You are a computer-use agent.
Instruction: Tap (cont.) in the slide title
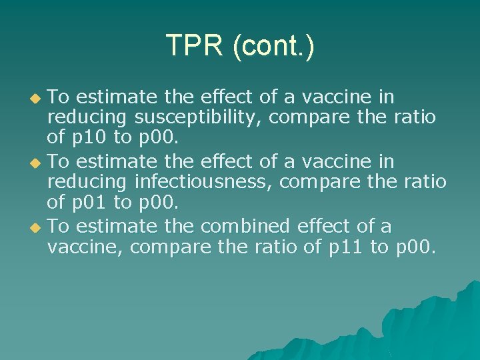273,46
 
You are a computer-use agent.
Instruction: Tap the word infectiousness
204,183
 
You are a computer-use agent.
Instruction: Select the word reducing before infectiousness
88,183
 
